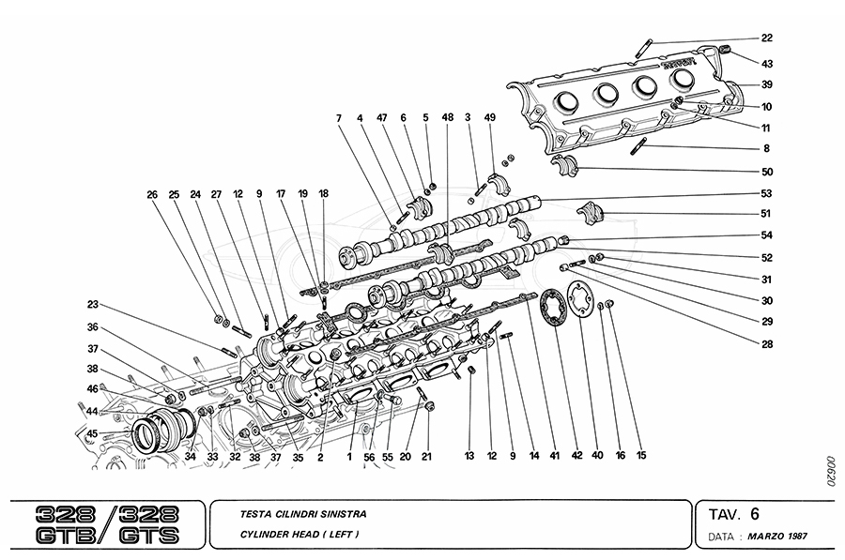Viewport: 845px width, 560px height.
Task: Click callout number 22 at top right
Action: (x=767, y=38)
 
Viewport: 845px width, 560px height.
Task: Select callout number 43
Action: (x=767, y=64)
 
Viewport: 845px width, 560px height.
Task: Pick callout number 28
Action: (x=767, y=343)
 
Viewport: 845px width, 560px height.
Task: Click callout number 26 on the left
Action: (x=152, y=195)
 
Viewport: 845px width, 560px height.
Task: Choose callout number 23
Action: (x=93, y=304)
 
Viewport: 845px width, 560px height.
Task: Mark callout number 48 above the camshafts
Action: (x=448, y=117)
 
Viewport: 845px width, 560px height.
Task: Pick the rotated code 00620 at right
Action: (x=829, y=468)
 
